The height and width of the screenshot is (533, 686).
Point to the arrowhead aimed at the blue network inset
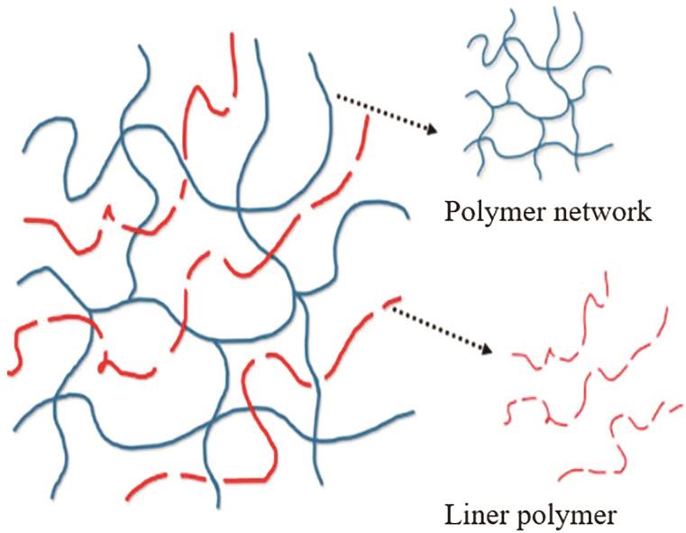point(432,129)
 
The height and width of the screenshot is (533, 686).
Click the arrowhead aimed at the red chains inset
point(487,348)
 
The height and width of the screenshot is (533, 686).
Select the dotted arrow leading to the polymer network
point(387,112)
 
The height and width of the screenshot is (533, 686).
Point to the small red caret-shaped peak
point(110,212)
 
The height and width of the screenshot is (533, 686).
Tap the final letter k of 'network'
point(644,211)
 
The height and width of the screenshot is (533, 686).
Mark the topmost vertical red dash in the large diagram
point(234,65)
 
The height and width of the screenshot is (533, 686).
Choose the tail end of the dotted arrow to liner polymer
point(393,308)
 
